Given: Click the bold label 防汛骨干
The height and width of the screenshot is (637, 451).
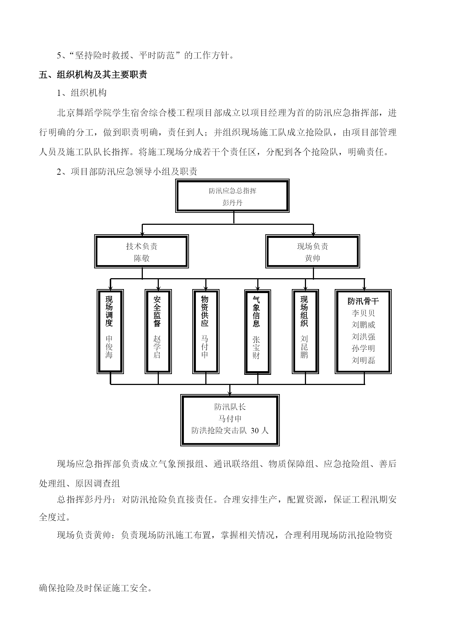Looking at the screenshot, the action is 363,301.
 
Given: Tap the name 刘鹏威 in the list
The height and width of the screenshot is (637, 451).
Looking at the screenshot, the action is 363,325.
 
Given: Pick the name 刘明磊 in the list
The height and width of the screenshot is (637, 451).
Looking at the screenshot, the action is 363,360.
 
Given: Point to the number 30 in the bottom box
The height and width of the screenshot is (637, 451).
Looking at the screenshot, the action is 255,431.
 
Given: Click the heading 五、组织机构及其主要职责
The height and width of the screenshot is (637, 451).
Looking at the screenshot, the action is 93,75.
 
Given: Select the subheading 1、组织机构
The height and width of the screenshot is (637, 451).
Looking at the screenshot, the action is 82,93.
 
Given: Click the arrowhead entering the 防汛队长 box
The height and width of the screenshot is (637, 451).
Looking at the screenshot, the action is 230,393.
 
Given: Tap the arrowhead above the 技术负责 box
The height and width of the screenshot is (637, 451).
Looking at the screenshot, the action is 142,232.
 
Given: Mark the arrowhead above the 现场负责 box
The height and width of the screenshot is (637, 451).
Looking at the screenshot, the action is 313,232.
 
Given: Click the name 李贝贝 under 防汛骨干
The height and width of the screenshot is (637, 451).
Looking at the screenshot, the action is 363,313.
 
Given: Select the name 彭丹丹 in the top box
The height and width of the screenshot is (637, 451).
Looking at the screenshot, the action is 232,203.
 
